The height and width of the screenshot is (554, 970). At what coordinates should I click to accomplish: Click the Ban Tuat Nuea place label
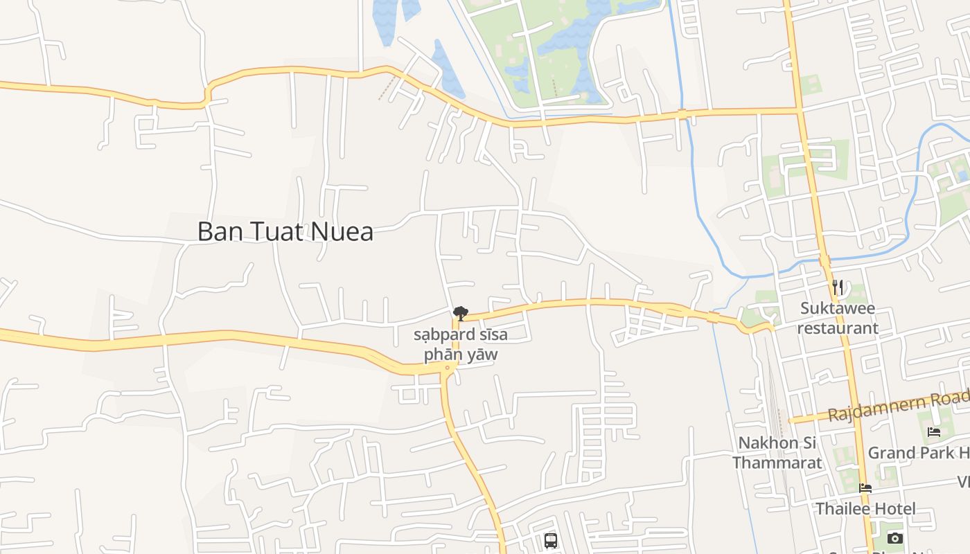pos(285,231)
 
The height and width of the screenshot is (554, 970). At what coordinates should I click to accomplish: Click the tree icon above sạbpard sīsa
pos(459,314)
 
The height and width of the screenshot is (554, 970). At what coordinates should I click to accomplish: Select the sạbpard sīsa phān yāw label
pos(461,344)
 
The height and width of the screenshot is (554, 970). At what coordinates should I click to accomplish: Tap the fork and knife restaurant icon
pos(838,287)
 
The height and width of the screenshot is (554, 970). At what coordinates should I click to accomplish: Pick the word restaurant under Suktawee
pos(838,328)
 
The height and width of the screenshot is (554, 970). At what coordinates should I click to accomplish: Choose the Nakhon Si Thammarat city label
pos(777,452)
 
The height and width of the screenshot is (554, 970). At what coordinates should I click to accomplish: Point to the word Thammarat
pos(777,462)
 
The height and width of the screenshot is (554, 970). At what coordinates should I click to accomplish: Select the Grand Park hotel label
pos(919,453)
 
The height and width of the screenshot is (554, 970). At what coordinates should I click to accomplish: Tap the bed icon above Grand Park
pos(934,432)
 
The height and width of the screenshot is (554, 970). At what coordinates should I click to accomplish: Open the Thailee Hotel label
pos(865,509)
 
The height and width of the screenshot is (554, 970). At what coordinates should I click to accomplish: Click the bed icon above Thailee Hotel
pos(865,488)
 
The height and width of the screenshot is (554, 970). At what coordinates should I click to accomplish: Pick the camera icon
pos(895,538)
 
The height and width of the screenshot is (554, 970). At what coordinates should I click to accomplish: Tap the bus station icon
pos(551,540)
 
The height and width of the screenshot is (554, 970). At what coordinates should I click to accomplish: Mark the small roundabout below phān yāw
pos(447,368)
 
